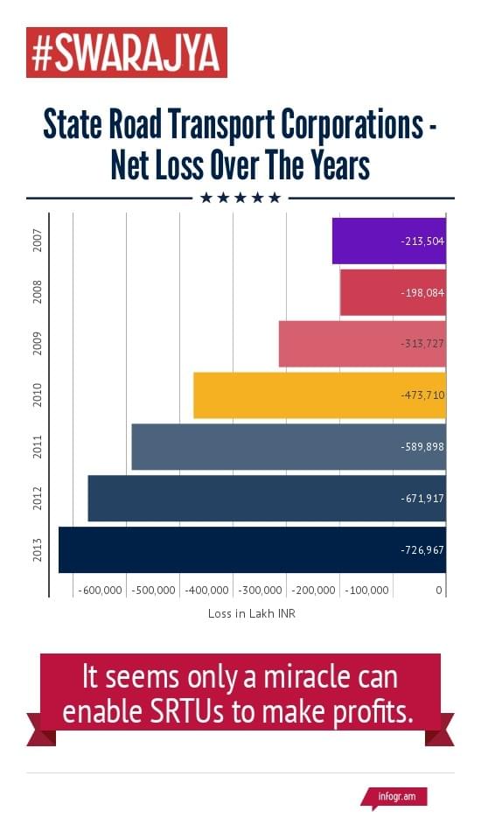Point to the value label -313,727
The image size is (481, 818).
point(422,344)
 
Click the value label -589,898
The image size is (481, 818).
point(422,447)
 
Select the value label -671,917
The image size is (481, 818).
point(422,498)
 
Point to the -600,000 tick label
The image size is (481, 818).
point(100,591)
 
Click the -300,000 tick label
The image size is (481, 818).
point(261,591)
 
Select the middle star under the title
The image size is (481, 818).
point(240,198)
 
